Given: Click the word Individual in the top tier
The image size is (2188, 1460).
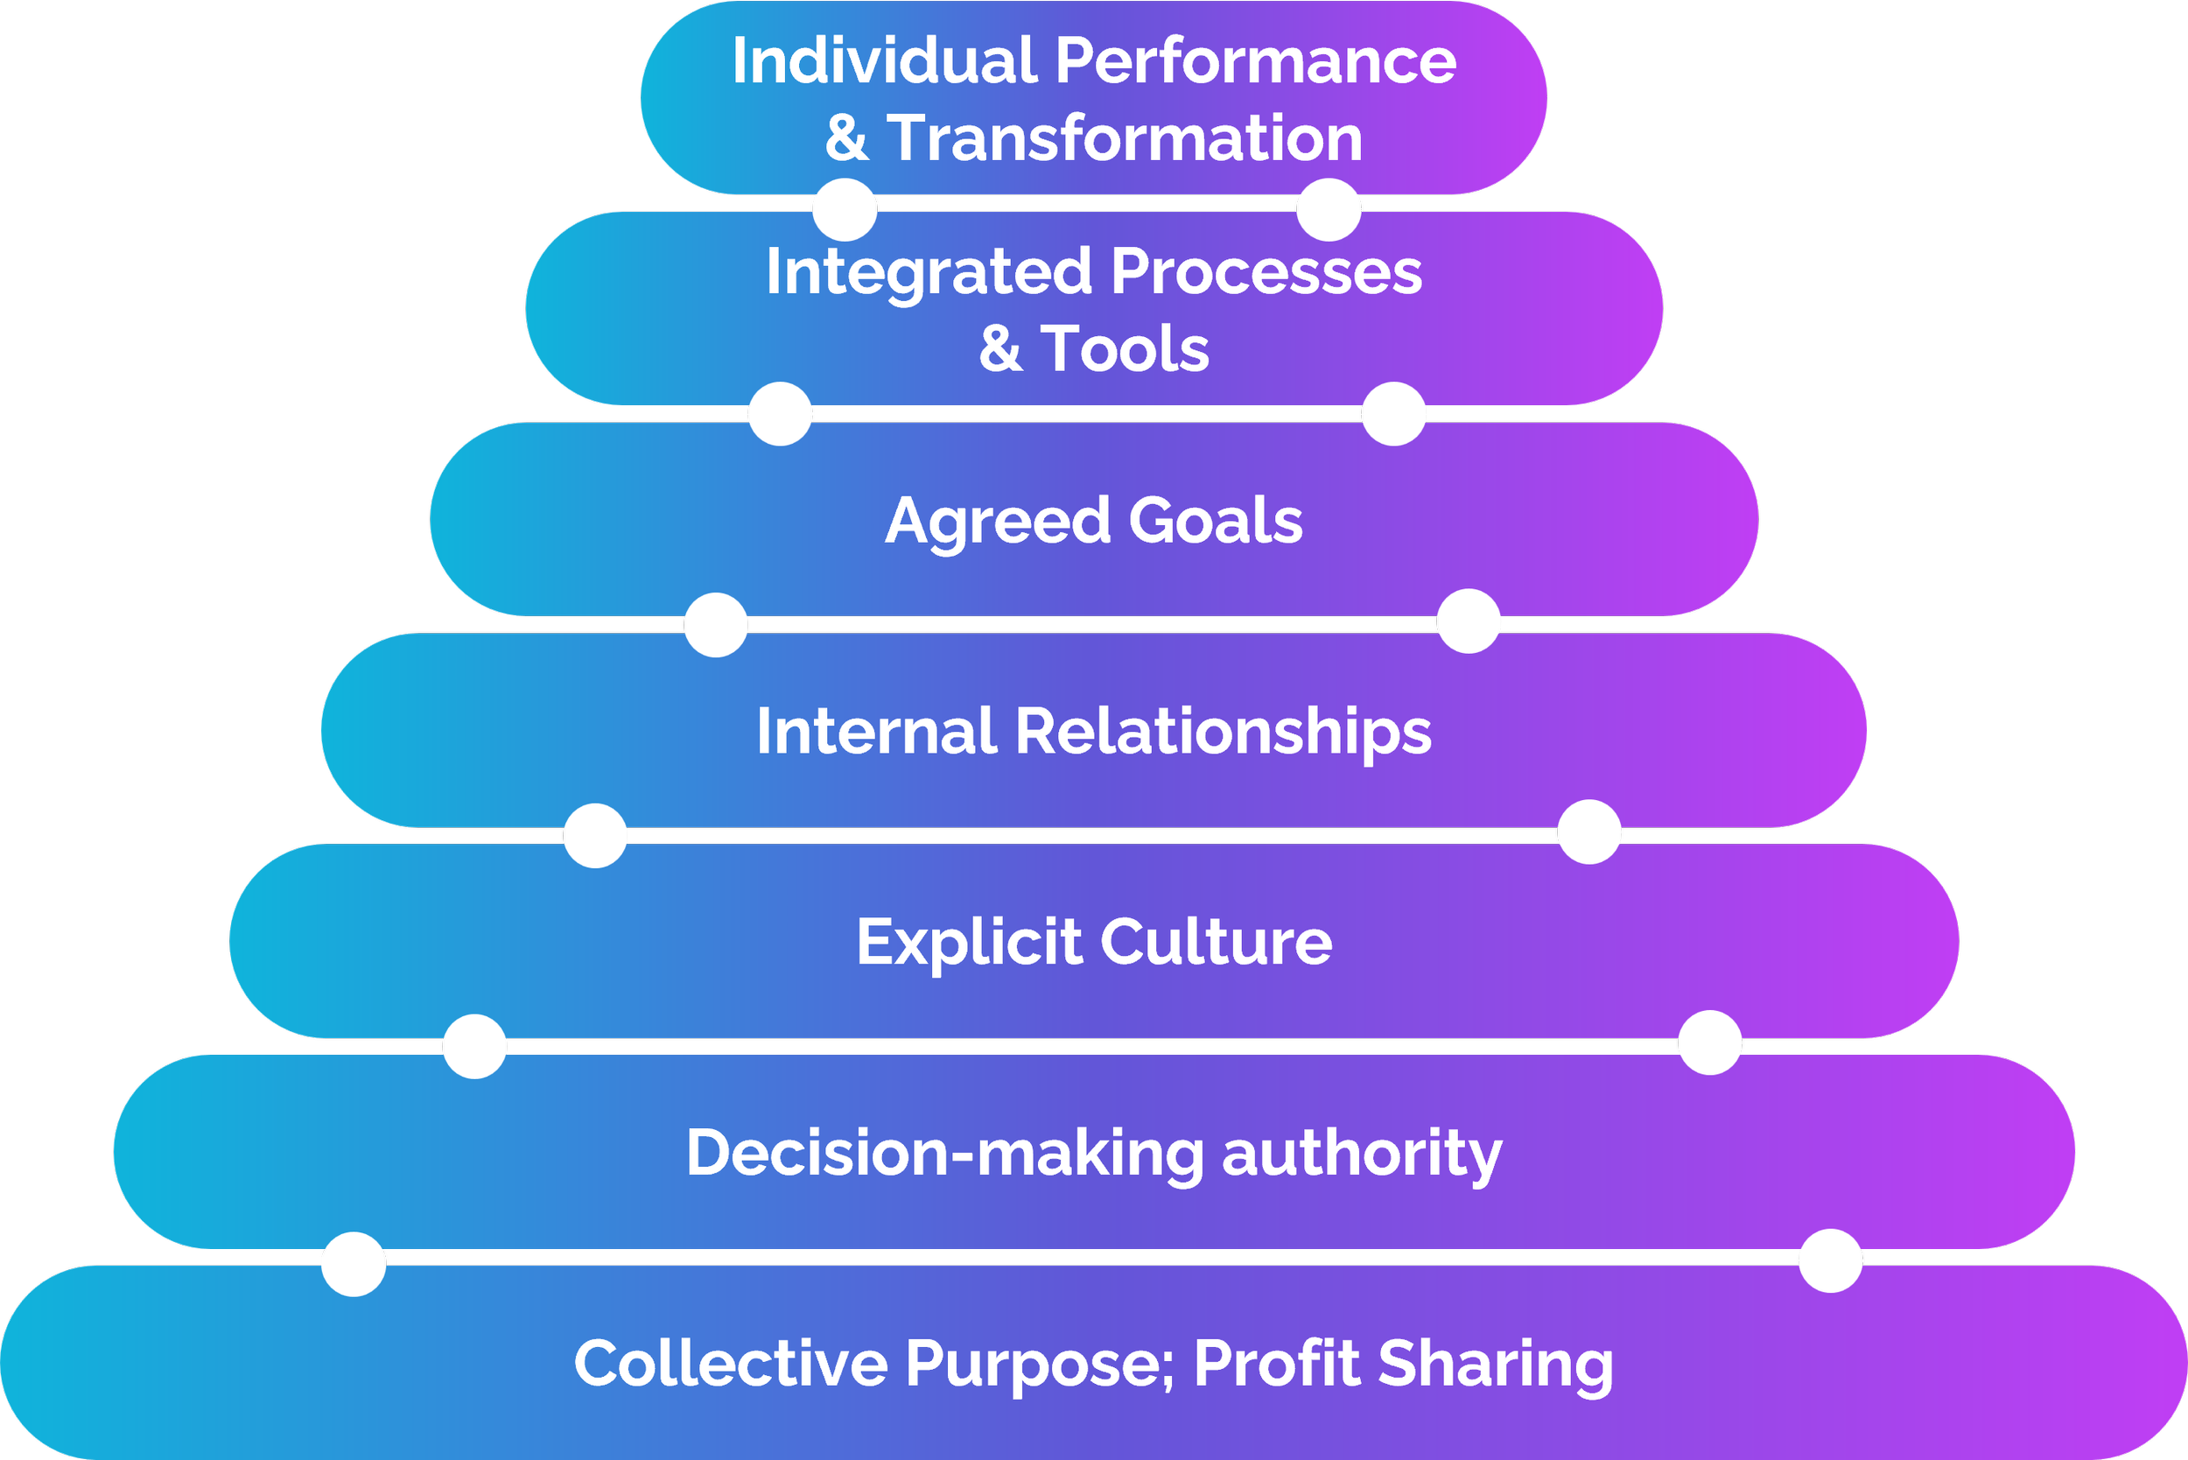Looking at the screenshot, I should (x=884, y=61).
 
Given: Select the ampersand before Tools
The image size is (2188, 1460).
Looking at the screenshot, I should (x=1001, y=349).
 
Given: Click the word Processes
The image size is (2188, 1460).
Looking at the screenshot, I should (x=1266, y=273).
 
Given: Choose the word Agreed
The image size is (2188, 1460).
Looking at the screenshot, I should (x=997, y=522).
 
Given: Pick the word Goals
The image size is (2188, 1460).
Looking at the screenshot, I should (x=1216, y=521).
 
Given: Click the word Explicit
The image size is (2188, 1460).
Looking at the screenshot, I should (x=968, y=944).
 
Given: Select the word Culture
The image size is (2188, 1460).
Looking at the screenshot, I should (x=1216, y=943).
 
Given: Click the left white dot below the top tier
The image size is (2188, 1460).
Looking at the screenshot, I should (x=845, y=209).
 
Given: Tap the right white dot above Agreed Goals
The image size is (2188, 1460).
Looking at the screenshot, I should (x=1392, y=413).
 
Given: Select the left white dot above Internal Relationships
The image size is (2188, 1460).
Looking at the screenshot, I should (x=716, y=625).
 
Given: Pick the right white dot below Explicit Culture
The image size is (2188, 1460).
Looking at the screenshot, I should (x=1709, y=1042).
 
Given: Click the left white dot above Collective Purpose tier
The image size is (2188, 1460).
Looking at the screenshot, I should (x=353, y=1265).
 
